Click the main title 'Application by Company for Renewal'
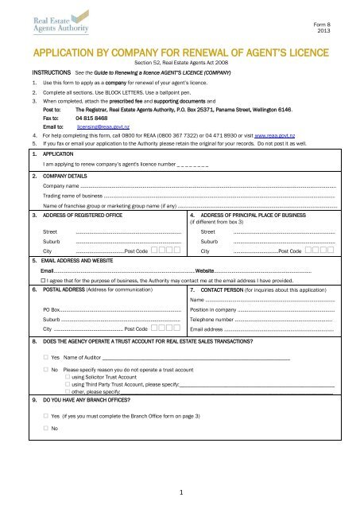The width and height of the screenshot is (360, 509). click(180, 57)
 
